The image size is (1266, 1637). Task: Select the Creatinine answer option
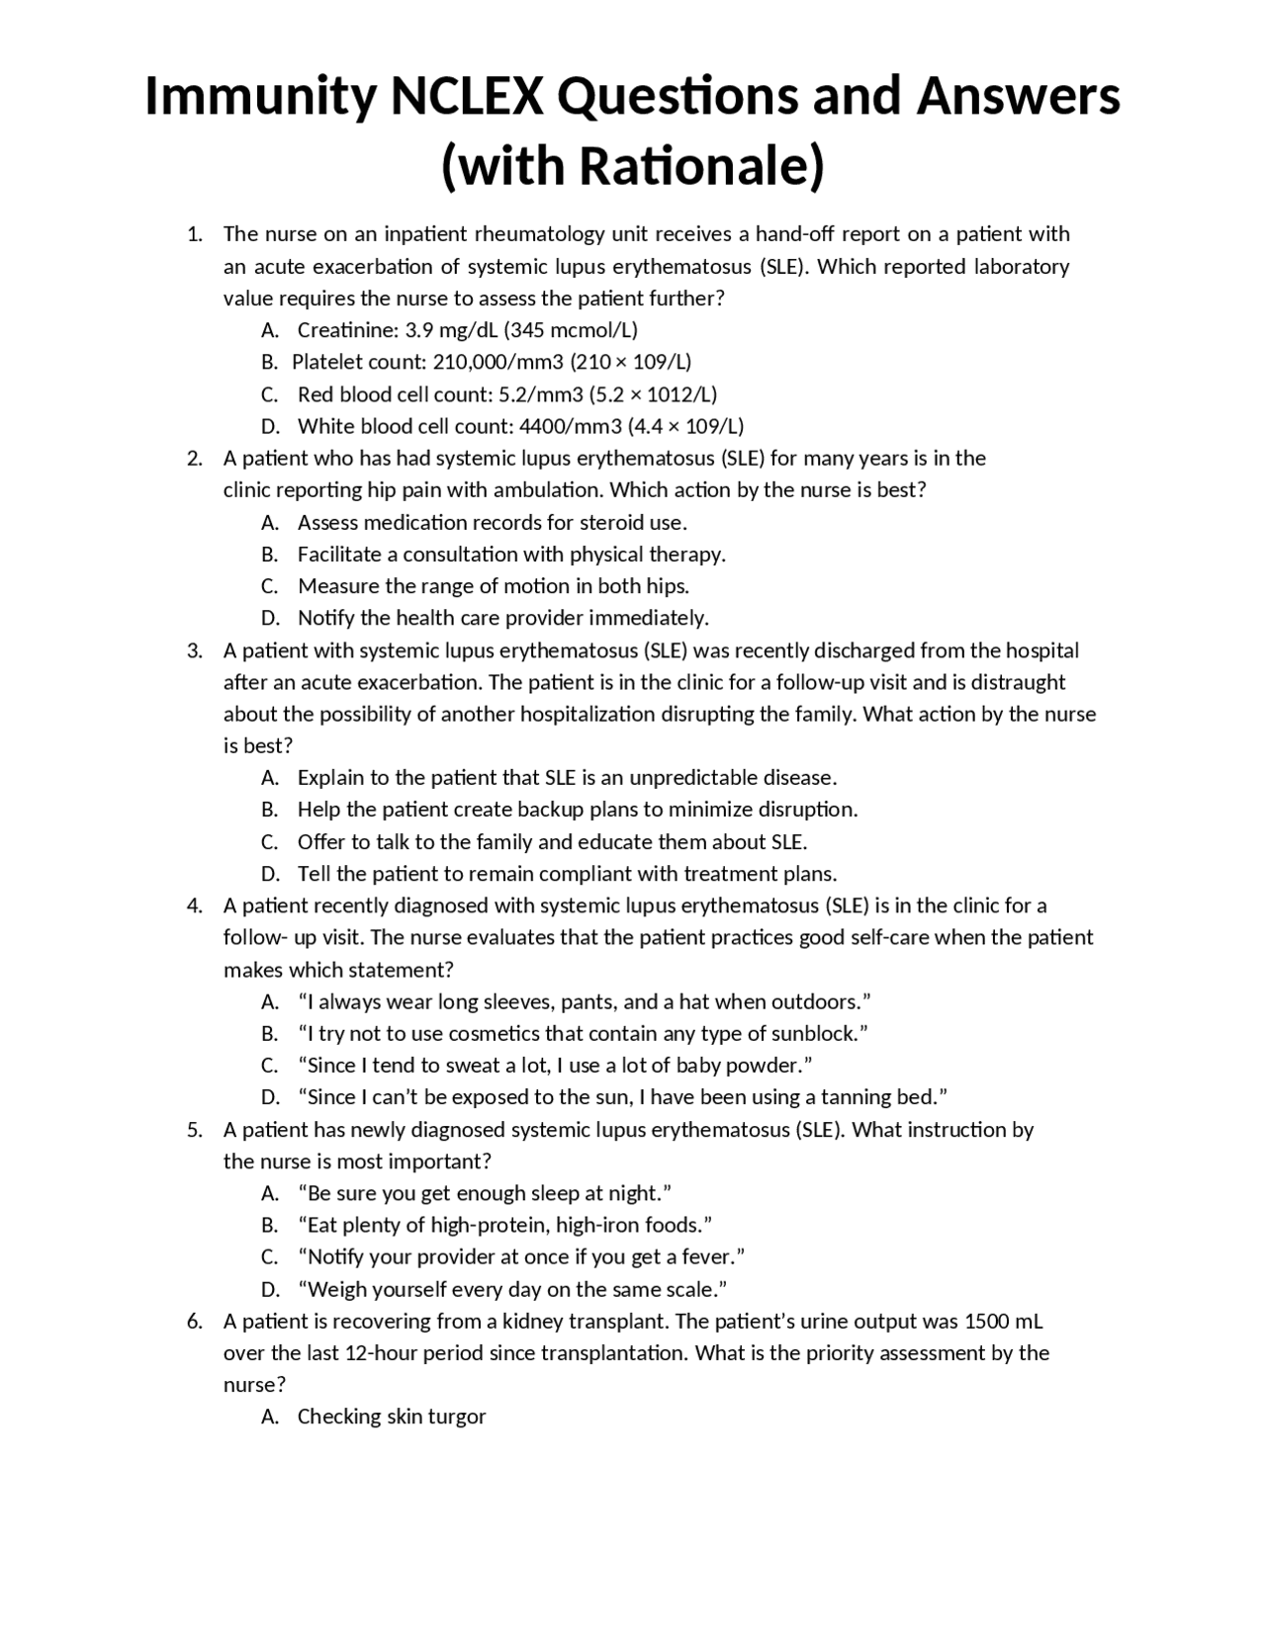pos(467,330)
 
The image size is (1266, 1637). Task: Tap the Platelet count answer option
pos(491,362)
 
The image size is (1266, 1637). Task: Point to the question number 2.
pos(194,459)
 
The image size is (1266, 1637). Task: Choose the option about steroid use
pos(492,522)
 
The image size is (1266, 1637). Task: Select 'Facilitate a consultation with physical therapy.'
pos(511,555)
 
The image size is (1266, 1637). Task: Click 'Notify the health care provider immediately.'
pos(503,619)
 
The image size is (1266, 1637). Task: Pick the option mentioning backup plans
pos(577,810)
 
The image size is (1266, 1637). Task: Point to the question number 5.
pos(194,1130)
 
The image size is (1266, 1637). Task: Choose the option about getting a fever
pos(520,1257)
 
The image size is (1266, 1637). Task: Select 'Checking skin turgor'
pos(392,1417)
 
